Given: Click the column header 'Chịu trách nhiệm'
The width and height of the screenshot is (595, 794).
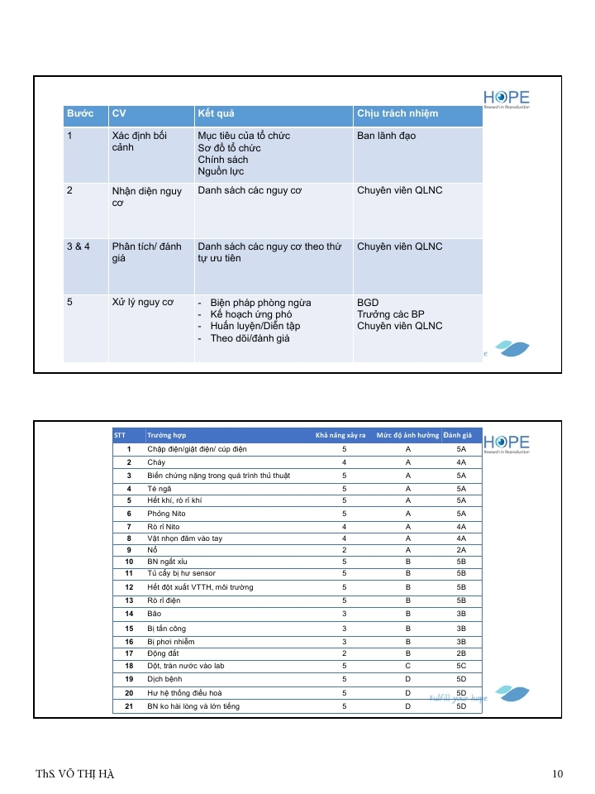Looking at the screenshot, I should point(397,113).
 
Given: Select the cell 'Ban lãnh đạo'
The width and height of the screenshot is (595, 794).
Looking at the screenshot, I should point(386,136).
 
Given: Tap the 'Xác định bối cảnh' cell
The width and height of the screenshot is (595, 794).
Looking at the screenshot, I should point(139,141).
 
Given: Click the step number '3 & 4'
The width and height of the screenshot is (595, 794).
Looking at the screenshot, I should point(79,246).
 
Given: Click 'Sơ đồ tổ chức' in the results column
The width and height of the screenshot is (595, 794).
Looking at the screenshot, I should point(229,147).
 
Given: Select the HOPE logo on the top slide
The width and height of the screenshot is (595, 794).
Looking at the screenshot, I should point(507,99).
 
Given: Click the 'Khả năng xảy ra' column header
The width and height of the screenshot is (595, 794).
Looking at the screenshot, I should point(340,435).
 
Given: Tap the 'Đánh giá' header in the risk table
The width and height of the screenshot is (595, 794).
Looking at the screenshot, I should point(457,435).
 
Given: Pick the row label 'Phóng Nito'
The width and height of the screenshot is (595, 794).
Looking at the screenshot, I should point(166,514).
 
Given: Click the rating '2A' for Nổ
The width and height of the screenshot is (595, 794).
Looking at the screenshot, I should point(461,550).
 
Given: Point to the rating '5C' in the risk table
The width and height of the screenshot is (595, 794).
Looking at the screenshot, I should point(461,665).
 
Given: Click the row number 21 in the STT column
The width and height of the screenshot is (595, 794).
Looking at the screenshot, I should point(129,706).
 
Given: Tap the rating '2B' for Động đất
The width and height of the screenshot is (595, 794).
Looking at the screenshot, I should point(461,653).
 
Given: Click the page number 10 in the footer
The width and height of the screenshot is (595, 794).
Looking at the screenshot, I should point(558,774).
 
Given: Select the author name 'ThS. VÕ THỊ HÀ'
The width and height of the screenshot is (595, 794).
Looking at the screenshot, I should point(75,774).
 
